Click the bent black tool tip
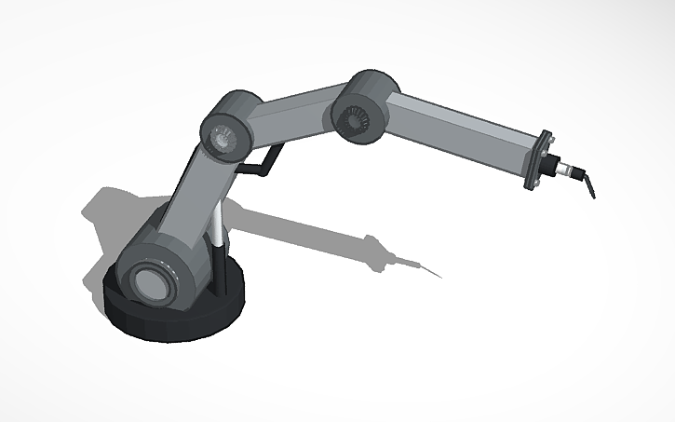[x=588, y=184]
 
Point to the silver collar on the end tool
[x=564, y=169]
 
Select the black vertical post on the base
[x=224, y=270]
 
